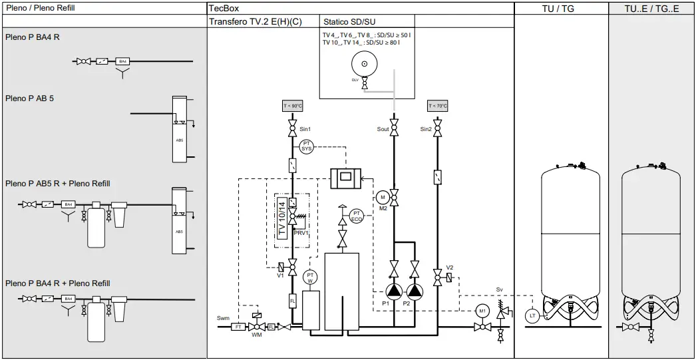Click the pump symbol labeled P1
click(395, 291)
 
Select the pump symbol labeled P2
click(415, 291)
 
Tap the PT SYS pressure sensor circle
click(307, 146)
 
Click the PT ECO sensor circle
click(357, 216)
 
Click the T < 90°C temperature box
click(292, 106)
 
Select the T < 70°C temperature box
click(437, 106)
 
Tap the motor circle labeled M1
click(482, 311)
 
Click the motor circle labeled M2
click(382, 197)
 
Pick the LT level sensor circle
click(532, 316)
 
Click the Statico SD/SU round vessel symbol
click(364, 65)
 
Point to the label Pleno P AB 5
click(29, 98)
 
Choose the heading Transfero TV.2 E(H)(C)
click(256, 21)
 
